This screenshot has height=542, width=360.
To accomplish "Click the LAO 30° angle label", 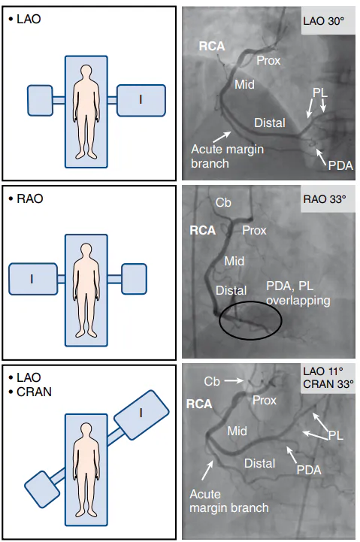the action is (x=324, y=21).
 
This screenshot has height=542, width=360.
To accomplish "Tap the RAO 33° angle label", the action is (x=325, y=199).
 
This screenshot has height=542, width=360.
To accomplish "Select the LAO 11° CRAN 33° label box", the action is (x=328, y=377).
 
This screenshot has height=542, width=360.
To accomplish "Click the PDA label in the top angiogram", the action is (x=340, y=165).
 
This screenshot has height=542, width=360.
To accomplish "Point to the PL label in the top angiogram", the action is (x=320, y=92).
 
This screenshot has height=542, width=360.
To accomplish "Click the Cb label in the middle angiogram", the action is (x=223, y=202).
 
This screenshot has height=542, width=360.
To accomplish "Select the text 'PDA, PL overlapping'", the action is (x=298, y=293).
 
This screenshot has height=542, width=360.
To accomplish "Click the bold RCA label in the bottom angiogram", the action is (x=199, y=404).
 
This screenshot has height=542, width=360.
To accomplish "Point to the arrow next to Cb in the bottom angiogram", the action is (x=234, y=381).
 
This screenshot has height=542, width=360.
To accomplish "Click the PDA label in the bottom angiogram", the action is (x=309, y=470).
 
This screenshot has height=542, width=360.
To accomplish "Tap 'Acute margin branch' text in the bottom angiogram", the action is (x=229, y=501).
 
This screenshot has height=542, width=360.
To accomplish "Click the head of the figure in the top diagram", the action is (x=86, y=73).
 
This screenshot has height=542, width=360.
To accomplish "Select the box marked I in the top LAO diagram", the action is (x=141, y=100).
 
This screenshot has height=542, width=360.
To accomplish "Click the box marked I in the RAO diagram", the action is (x=33, y=279).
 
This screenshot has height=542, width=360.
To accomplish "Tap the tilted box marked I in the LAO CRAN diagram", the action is (x=141, y=415).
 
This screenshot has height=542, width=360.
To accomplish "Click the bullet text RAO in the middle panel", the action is (x=30, y=198).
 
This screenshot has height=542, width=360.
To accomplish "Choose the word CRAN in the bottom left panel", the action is (x=35, y=392).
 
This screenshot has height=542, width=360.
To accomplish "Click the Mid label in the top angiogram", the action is (x=244, y=84).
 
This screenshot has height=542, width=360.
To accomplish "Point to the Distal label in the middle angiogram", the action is (x=231, y=290).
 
